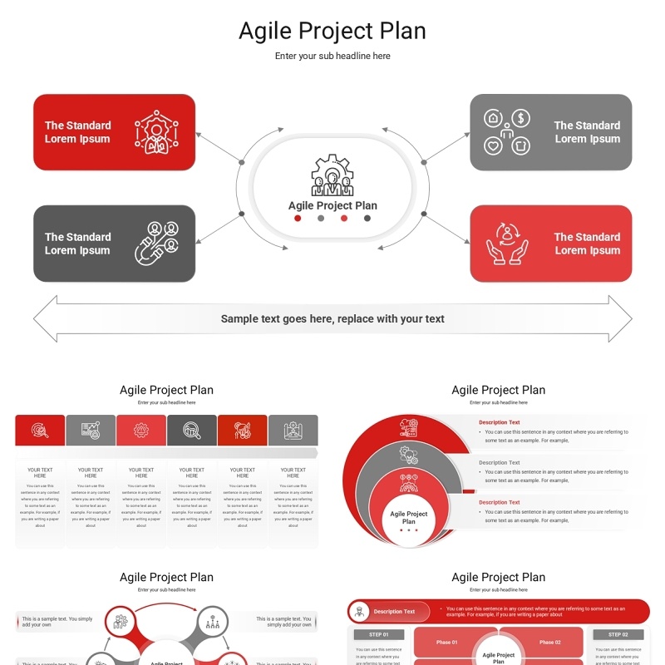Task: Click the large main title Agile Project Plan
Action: click(x=332, y=31)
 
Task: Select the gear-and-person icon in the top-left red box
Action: click(x=155, y=133)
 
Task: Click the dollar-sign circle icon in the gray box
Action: click(x=520, y=119)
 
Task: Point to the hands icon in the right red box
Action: click(x=507, y=244)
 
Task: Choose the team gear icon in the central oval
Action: click(x=332, y=175)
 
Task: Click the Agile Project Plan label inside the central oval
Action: click(x=332, y=205)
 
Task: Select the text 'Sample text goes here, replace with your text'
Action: click(x=332, y=318)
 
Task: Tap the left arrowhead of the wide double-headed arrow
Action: click(x=46, y=318)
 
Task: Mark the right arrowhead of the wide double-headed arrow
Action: click(x=620, y=318)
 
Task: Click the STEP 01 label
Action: click(x=379, y=634)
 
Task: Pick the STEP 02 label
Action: click(x=618, y=634)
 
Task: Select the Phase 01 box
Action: click(x=447, y=642)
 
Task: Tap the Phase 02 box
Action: click(x=549, y=642)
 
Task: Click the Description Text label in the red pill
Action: click(x=394, y=612)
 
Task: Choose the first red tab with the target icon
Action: click(x=40, y=430)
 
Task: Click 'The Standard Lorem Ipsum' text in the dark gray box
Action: click(x=77, y=244)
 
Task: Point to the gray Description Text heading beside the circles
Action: click(x=499, y=462)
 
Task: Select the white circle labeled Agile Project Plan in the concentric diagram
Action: click(x=408, y=520)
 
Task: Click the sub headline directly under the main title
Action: click(x=332, y=56)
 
